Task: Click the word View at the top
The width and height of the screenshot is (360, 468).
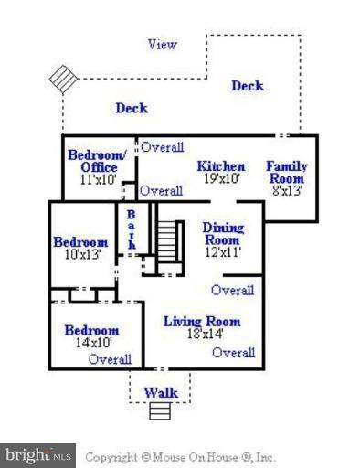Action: (163, 44)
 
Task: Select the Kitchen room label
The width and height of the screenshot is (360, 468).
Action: (221, 166)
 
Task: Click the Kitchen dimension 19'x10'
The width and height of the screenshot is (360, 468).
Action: (221, 179)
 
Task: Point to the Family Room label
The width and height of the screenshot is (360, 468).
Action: (286, 173)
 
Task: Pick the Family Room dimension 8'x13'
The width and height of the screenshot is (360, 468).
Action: (285, 191)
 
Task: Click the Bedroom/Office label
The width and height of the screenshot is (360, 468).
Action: (92, 161)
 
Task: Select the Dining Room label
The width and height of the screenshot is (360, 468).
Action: (222, 234)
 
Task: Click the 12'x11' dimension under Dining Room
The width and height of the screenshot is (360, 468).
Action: (222, 252)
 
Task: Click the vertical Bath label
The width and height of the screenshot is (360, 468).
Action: (132, 228)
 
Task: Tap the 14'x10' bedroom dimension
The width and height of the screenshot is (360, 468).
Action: (90, 343)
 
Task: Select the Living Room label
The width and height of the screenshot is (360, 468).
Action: (202, 321)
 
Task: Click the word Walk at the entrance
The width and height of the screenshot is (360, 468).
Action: (160, 393)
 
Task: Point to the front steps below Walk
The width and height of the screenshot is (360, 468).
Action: (160, 411)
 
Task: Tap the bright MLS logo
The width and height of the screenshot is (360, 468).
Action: (37, 455)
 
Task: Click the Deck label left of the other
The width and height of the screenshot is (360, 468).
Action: (132, 108)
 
